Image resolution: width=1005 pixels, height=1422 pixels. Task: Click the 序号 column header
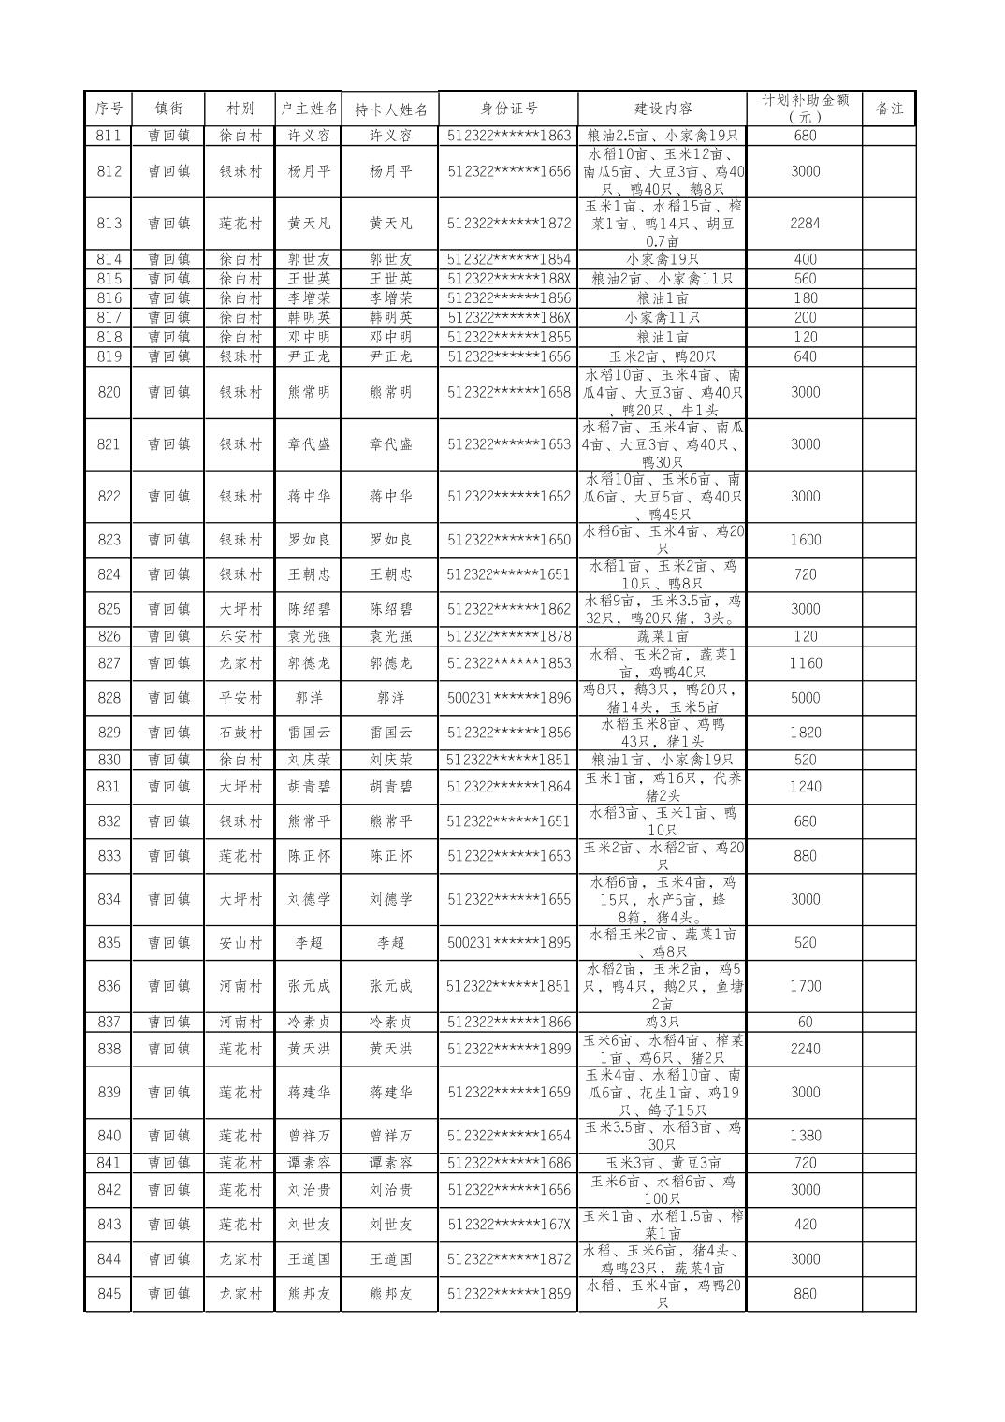(x=109, y=109)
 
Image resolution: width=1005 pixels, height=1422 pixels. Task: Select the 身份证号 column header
(x=508, y=109)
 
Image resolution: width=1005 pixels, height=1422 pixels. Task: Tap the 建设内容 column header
(x=662, y=109)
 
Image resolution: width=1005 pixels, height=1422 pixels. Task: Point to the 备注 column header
(x=888, y=109)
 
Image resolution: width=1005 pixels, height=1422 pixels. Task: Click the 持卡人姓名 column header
(x=390, y=109)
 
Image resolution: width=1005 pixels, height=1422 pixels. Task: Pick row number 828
(x=109, y=698)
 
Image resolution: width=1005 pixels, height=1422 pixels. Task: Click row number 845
(x=109, y=1294)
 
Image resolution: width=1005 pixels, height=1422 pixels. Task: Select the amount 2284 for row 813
(x=804, y=224)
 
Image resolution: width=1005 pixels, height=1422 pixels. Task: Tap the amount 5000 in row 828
(x=804, y=698)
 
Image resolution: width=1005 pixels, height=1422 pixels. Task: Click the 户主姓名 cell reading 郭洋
(x=309, y=698)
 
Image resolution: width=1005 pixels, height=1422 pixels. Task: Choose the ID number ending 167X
(x=508, y=1225)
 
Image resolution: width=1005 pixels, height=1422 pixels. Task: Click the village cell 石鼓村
(x=240, y=733)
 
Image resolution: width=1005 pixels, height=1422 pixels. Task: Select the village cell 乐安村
(x=240, y=636)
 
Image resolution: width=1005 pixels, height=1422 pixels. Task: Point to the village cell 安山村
(x=240, y=943)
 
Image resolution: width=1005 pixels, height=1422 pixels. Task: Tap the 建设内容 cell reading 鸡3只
(x=662, y=1022)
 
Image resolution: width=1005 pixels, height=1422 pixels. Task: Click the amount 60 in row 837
(x=804, y=1022)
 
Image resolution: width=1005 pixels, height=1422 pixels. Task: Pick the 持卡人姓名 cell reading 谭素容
(x=390, y=1163)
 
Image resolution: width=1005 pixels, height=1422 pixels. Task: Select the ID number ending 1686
(x=508, y=1163)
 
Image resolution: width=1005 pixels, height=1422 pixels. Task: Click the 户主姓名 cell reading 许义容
(x=309, y=136)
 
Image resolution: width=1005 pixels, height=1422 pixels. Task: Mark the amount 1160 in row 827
(x=804, y=663)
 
